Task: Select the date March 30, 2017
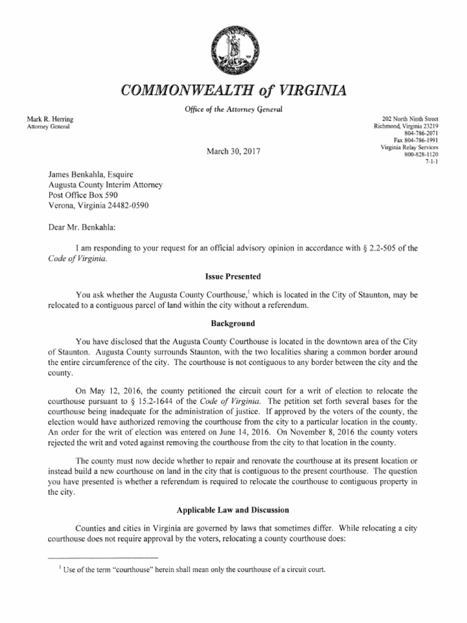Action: coord(233,151)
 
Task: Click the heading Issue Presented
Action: coord(233,276)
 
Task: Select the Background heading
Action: coord(233,323)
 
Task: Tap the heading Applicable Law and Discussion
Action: coord(233,509)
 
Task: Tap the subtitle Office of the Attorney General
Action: coord(233,109)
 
